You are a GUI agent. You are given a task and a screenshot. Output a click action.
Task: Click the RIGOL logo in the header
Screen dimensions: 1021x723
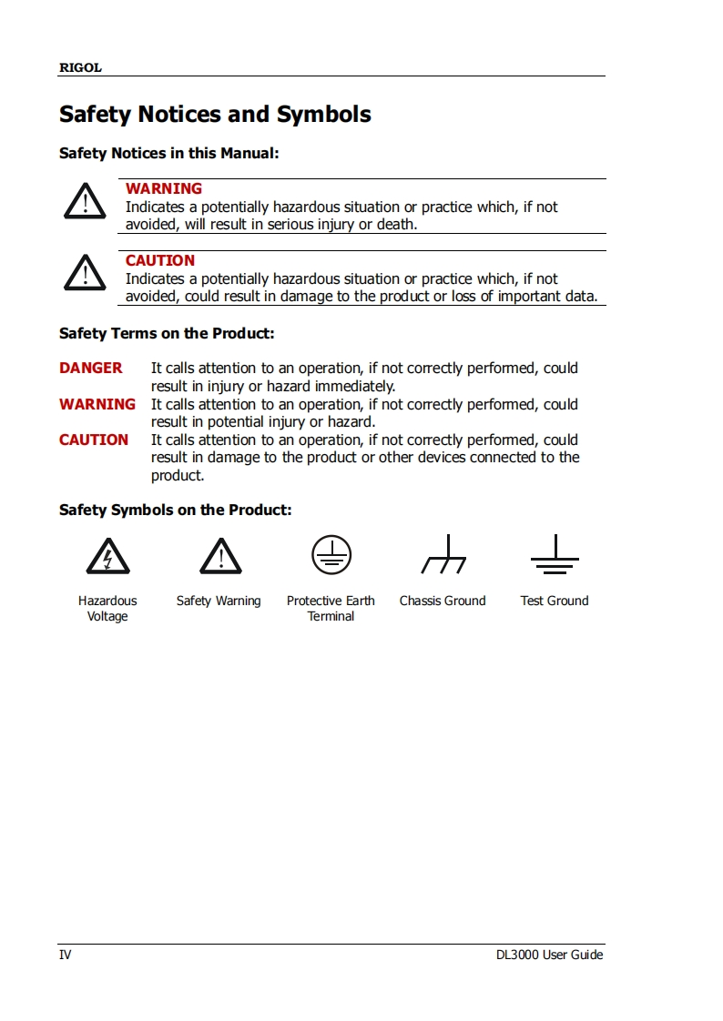[80, 68]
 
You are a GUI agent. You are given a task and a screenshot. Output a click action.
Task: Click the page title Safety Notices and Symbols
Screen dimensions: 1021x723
[215, 115]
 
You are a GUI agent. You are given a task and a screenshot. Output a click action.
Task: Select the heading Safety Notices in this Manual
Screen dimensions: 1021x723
[168, 153]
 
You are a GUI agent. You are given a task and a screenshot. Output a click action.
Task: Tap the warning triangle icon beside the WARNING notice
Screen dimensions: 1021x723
[85, 201]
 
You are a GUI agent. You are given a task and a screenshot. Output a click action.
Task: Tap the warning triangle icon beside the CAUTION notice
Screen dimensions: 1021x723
[85, 273]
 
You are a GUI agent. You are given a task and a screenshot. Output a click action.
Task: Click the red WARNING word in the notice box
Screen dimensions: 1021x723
[164, 188]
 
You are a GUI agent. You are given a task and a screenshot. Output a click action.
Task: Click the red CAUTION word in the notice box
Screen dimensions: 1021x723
[160, 260]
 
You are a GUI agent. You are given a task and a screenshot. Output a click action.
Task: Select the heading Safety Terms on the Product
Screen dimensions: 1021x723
[167, 333]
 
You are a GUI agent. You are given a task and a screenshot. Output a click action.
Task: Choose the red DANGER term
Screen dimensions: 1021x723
[91, 368]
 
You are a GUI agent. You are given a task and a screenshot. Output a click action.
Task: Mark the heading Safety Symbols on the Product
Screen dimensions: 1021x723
[176, 510]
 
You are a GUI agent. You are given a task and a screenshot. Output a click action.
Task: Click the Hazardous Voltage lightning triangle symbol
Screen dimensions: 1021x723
[107, 556]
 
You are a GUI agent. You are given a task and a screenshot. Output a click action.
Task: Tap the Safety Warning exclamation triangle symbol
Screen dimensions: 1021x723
[219, 556]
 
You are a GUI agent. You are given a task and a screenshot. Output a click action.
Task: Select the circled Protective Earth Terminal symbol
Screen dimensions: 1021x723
[331, 554]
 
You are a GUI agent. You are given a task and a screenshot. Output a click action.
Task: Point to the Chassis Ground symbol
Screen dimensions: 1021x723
[443, 556]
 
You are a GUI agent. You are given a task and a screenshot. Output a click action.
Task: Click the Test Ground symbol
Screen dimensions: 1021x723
[555, 556]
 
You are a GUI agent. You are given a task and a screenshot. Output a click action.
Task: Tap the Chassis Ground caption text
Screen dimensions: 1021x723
[443, 601]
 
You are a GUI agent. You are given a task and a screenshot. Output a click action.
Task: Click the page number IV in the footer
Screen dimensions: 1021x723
[66, 955]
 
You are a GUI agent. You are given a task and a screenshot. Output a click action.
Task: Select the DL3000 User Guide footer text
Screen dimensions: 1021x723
[549, 955]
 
